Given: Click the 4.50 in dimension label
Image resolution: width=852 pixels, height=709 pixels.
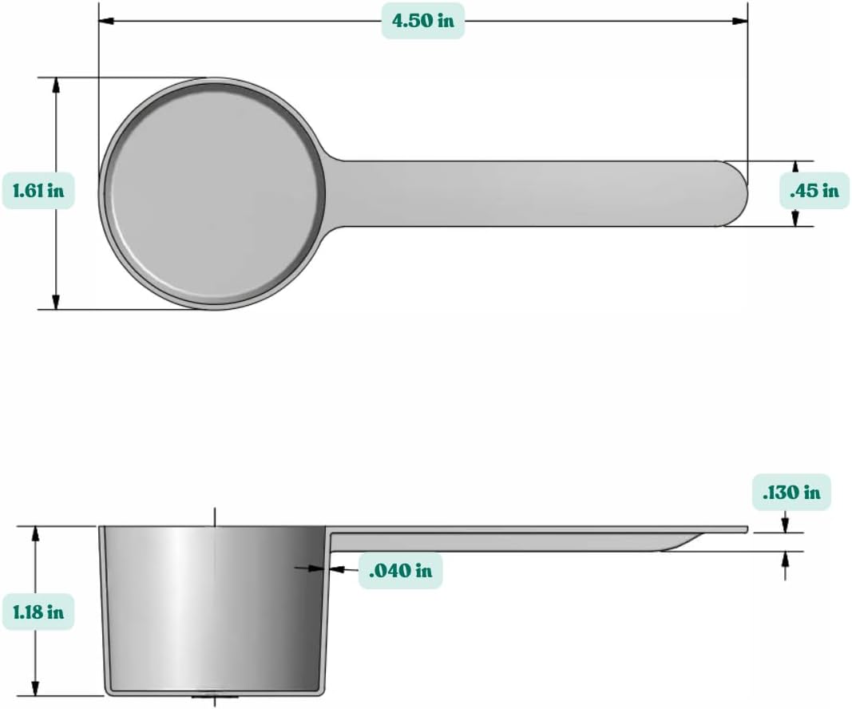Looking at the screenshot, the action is pos(422,21).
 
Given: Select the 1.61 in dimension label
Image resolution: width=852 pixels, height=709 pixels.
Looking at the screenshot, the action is pos(38,191).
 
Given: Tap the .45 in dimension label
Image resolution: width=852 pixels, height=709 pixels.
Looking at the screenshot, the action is pos(814,191).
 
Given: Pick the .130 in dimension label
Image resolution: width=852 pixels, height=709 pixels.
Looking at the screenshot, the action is pos(791,493).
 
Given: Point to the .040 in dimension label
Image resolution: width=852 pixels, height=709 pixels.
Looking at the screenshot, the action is pos(400,571).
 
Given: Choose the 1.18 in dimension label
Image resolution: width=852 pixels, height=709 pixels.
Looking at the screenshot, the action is pos(38,613).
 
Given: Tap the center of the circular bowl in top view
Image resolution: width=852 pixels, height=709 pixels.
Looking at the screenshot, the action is pos(212,193).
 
